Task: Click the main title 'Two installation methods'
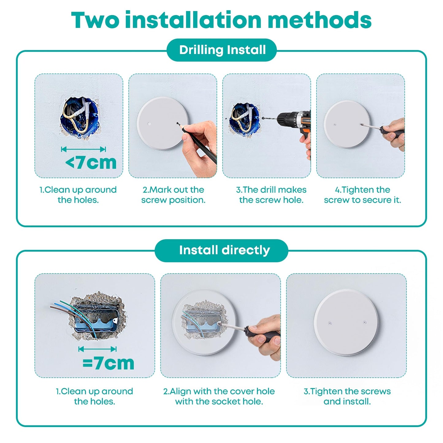[221, 20]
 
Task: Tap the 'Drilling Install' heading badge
[222, 50]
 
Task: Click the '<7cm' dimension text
[91, 163]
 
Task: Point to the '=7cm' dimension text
[108, 363]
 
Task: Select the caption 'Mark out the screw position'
[173, 195]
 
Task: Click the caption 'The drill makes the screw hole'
[271, 195]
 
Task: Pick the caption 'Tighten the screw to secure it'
[362, 195]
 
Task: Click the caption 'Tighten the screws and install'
[347, 396]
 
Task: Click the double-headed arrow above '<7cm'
[83, 149]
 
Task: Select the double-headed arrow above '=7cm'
[97, 349]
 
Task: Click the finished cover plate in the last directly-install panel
[346, 322]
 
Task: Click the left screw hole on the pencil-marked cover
[149, 124]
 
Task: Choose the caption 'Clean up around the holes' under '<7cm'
[78, 195]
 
